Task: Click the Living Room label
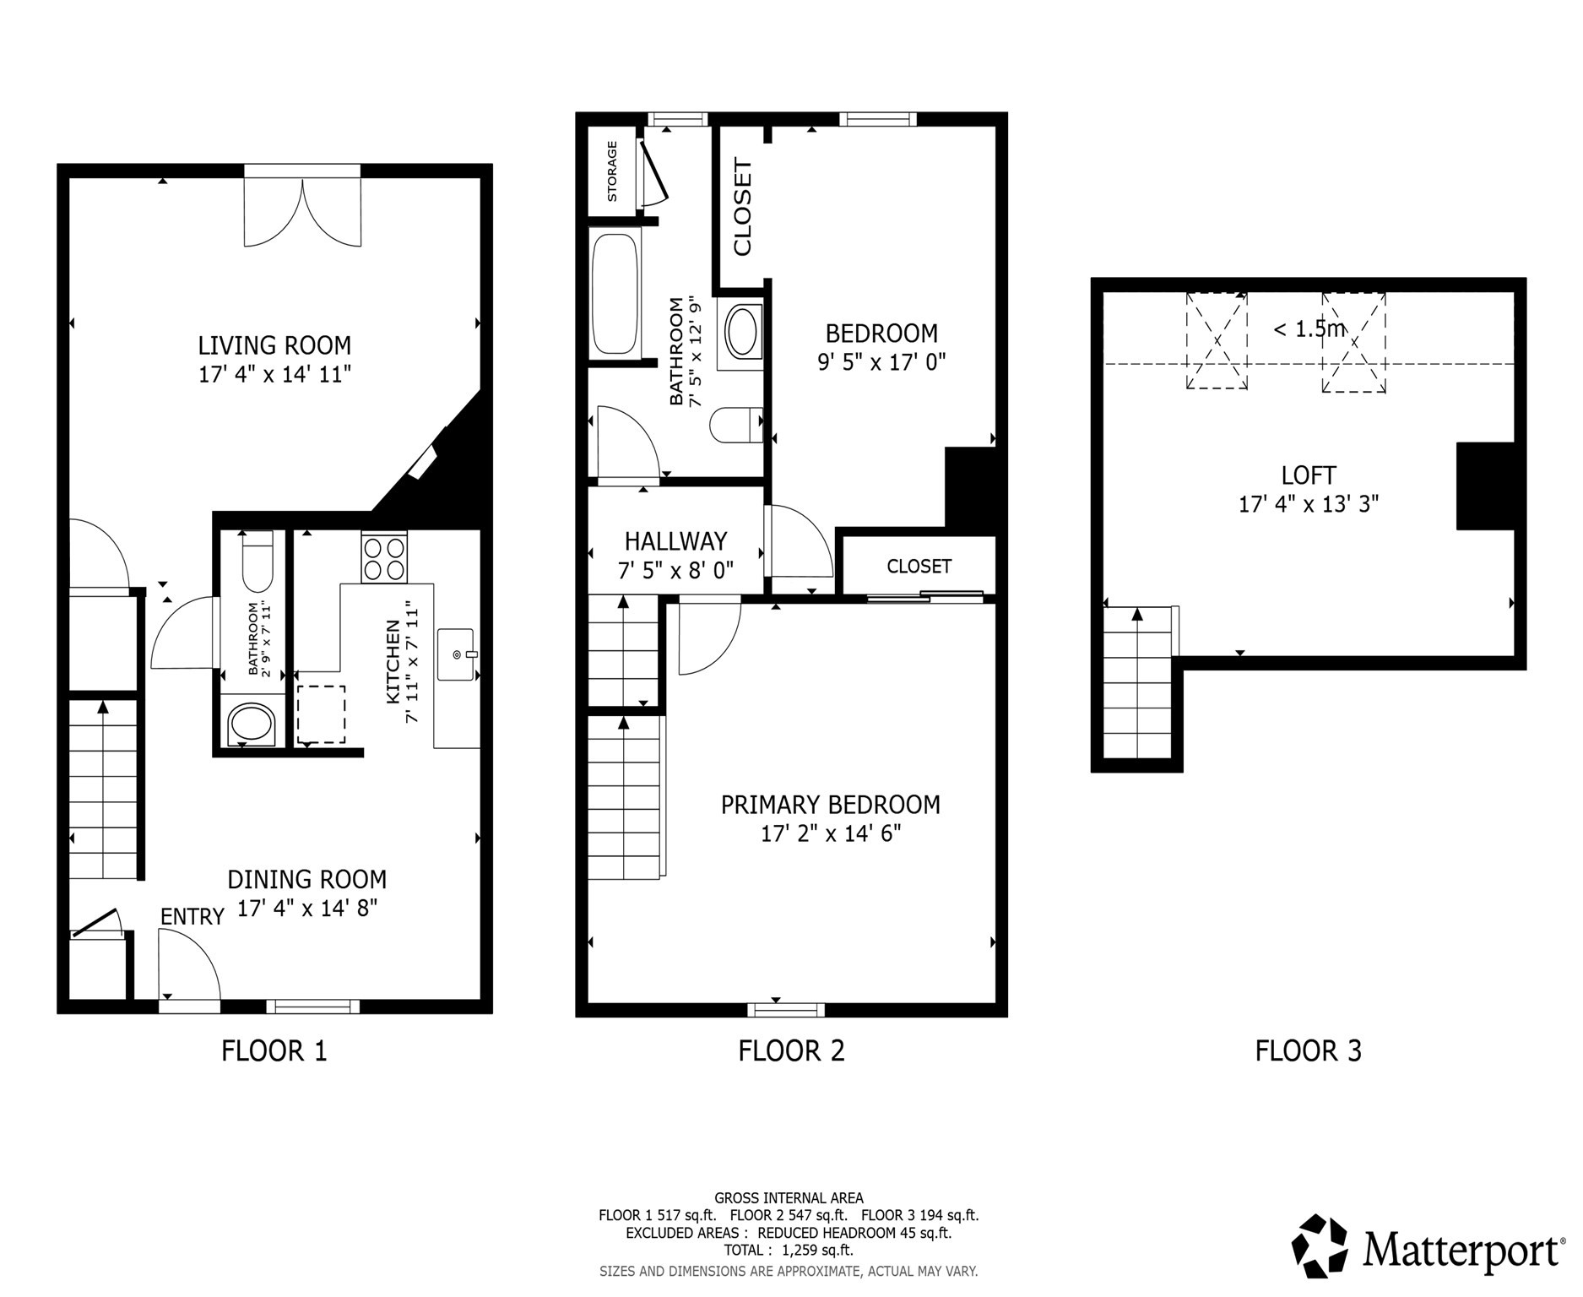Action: click(x=274, y=345)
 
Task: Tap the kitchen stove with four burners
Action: click(x=384, y=557)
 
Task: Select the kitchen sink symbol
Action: click(x=456, y=654)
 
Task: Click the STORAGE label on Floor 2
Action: click(x=612, y=171)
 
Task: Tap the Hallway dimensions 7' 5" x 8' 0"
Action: click(x=675, y=572)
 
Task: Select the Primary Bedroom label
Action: click(x=830, y=805)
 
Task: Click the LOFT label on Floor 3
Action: click(x=1308, y=475)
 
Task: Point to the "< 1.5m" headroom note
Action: click(x=1308, y=328)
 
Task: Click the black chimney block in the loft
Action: click(x=1484, y=486)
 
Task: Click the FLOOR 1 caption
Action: click(x=274, y=1051)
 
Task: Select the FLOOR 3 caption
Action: click(x=1308, y=1051)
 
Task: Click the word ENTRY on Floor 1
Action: click(x=192, y=917)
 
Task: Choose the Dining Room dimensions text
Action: click(x=306, y=909)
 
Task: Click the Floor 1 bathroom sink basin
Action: click(x=251, y=724)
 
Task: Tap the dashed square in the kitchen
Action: click(x=321, y=714)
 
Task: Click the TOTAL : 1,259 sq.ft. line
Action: click(x=788, y=1251)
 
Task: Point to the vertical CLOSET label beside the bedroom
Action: click(x=742, y=207)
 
